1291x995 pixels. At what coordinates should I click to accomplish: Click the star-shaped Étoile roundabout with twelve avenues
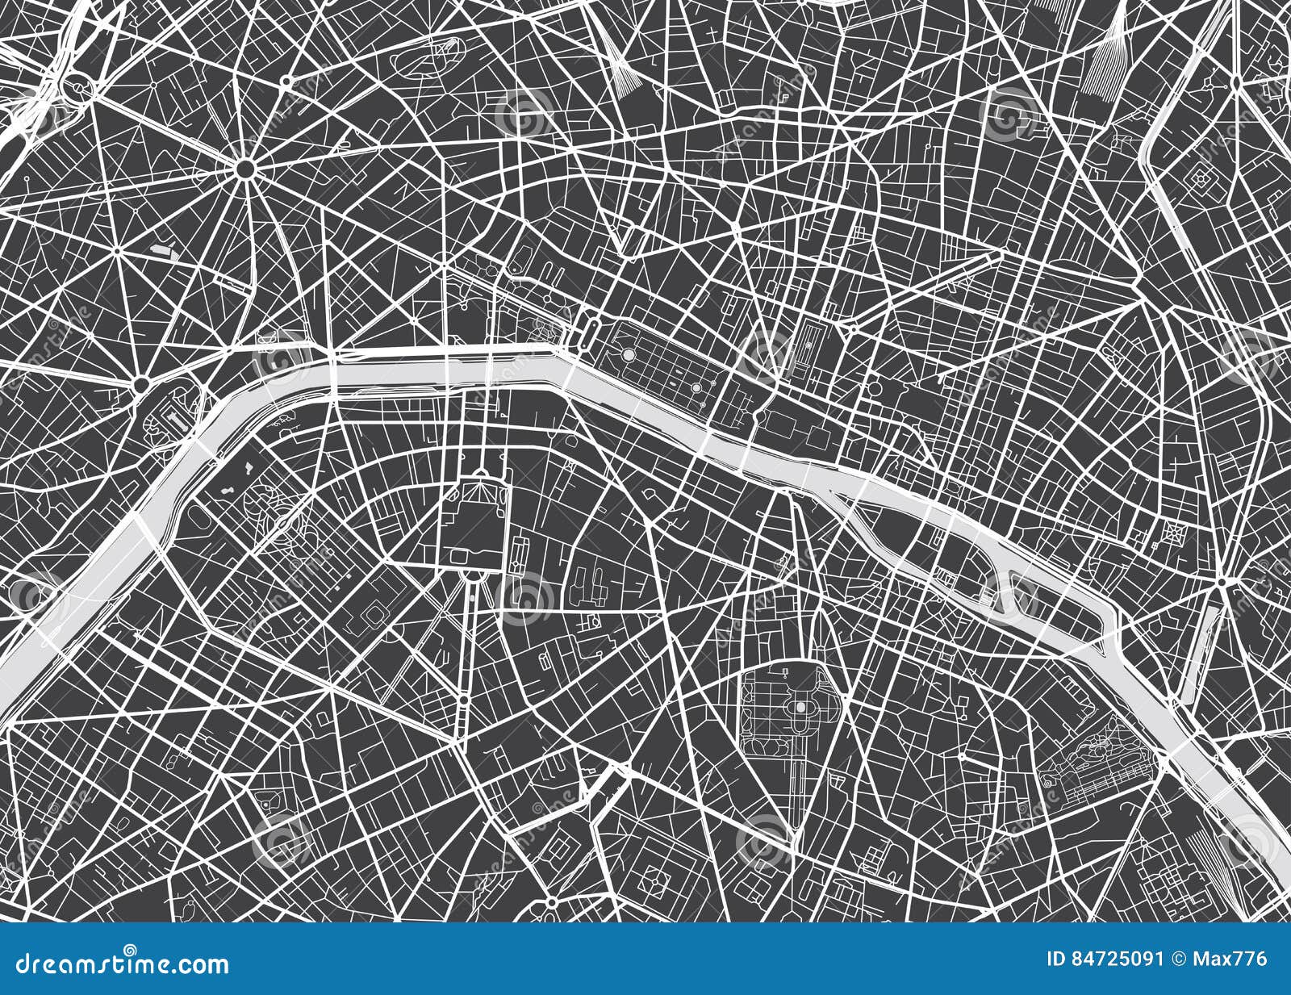click(x=246, y=168)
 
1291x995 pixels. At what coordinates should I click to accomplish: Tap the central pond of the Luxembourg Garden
click(x=800, y=707)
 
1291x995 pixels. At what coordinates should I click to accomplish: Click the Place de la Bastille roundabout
click(x=1222, y=581)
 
